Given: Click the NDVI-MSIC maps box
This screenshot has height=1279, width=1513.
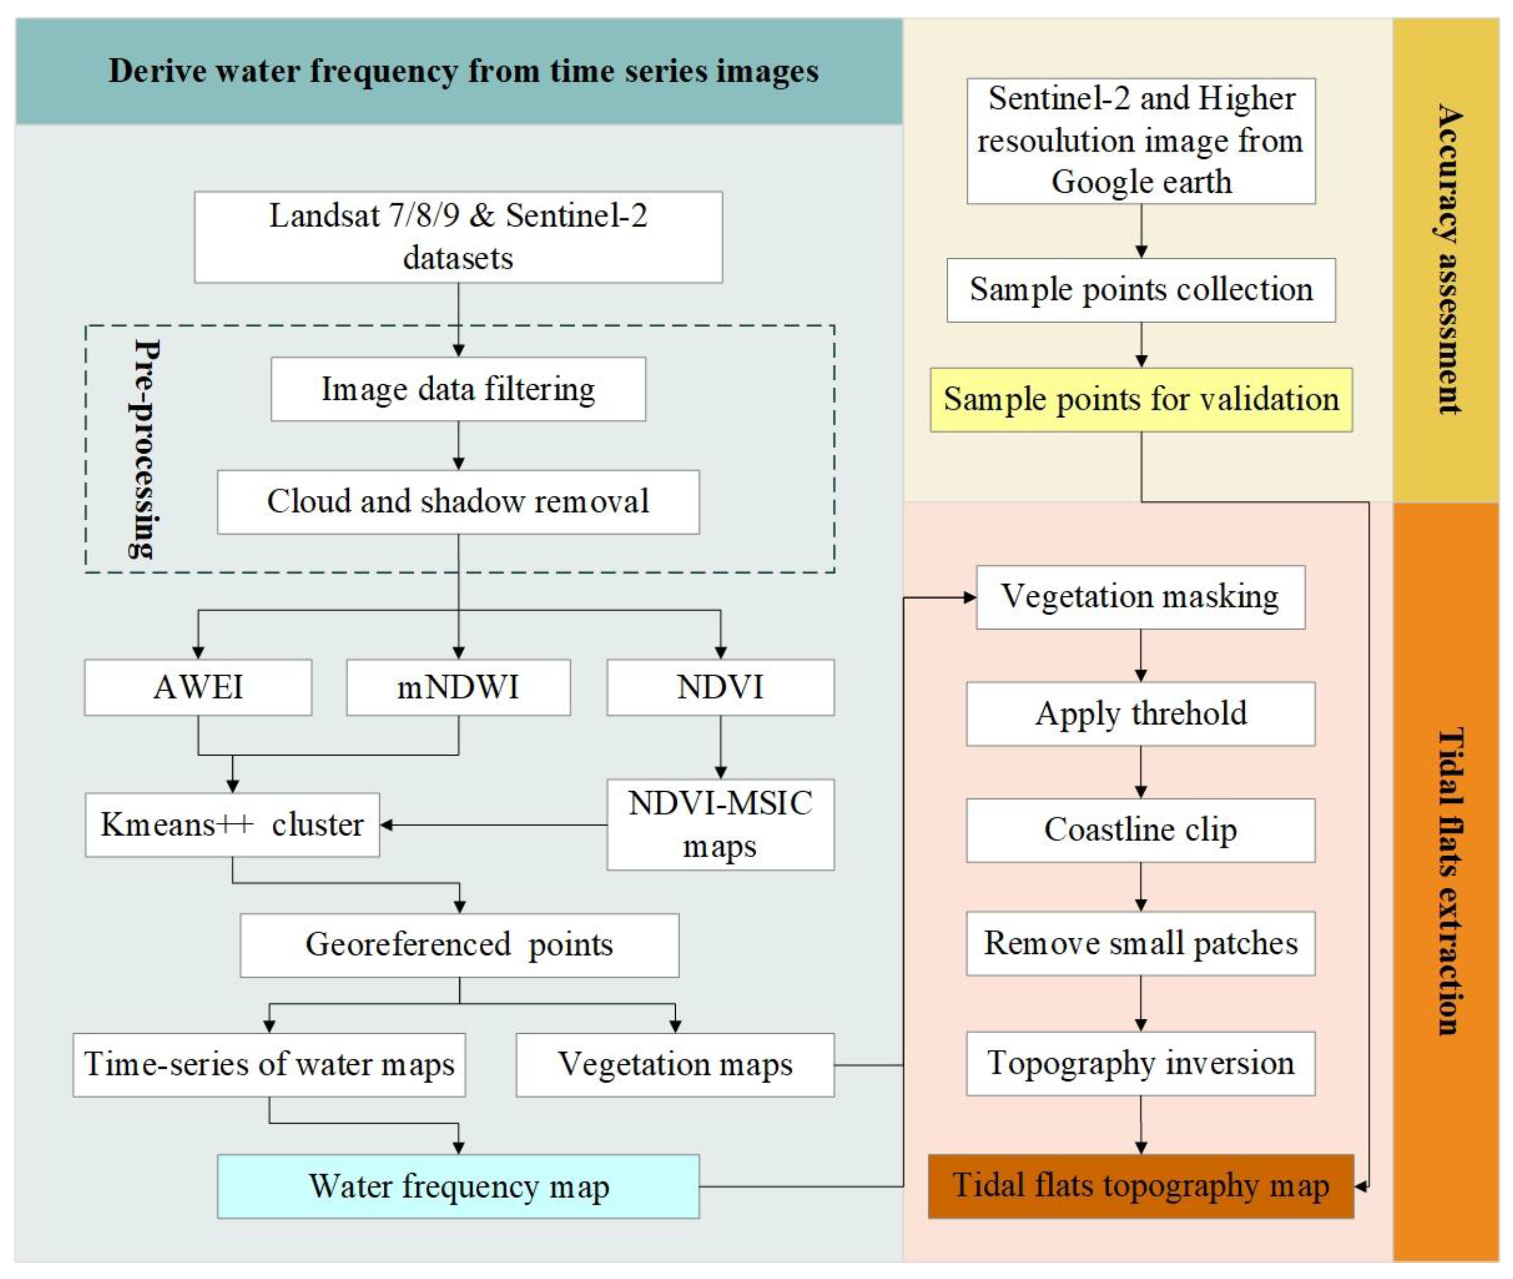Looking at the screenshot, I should point(720,824).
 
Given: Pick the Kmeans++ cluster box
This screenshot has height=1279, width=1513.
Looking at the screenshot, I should point(232,824).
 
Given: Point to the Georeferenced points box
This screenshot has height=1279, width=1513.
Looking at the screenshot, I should point(459,944).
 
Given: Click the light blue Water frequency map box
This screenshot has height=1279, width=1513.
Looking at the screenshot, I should point(458,1186).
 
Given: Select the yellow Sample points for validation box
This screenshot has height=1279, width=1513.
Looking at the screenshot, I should point(1141,399).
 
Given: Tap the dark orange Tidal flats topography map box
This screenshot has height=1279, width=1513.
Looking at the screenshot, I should point(1141,1186).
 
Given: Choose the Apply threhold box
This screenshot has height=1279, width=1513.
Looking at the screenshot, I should point(1141,713).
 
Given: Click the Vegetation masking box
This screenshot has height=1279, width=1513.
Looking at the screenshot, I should point(1141,597).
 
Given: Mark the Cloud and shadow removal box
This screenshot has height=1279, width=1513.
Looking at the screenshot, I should point(458,502).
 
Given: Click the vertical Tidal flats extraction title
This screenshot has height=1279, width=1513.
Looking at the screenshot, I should point(1449,881).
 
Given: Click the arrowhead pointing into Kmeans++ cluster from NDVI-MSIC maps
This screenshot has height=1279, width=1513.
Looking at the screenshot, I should point(386,824).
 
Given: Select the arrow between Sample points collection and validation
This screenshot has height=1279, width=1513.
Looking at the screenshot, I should point(1141,346).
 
